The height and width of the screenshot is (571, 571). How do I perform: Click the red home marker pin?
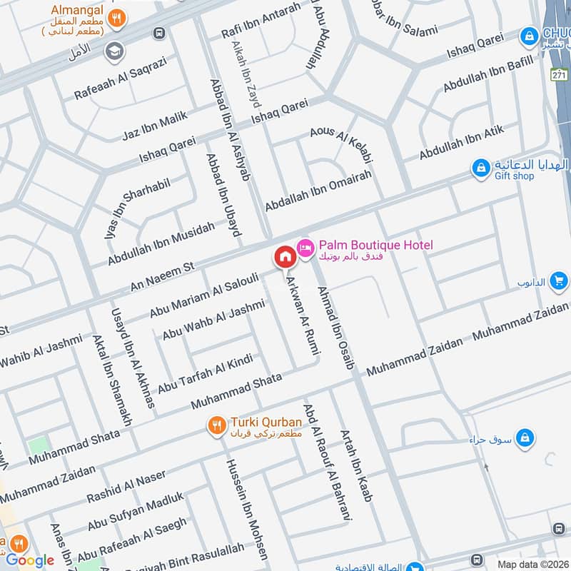(284, 256)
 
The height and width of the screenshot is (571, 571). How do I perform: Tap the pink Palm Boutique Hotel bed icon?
(305, 246)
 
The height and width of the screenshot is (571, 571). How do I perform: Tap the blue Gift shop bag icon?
(482, 168)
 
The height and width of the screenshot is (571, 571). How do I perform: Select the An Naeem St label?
(163, 276)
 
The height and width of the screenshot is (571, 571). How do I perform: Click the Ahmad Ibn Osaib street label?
(335, 327)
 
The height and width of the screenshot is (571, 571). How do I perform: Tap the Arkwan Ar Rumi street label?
(303, 313)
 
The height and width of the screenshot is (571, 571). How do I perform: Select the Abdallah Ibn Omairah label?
(318, 191)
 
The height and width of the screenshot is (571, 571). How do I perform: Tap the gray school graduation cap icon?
(113, 51)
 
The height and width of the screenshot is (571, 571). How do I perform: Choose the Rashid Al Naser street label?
(126, 485)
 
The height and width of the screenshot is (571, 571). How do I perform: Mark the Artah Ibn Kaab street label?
(355, 465)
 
